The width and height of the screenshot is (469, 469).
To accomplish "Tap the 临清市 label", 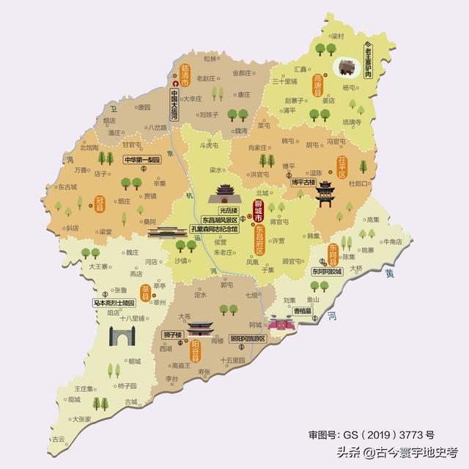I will pyautogui.click(x=175, y=75).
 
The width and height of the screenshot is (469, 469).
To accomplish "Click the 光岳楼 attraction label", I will pyautogui.click(x=218, y=209).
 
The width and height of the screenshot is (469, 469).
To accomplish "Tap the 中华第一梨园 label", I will pyautogui.click(x=141, y=160).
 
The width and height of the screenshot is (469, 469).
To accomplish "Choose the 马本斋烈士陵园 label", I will pyautogui.click(x=114, y=302).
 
